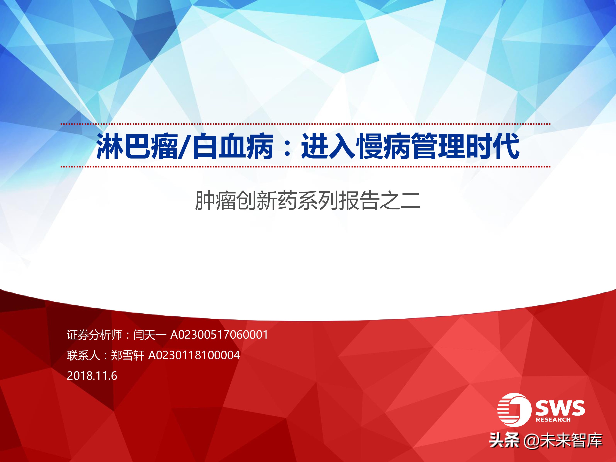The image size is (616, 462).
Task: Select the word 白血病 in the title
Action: coord(232,146)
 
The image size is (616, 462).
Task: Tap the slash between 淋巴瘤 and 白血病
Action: coord(185,146)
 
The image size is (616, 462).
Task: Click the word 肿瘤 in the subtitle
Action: coord(215,200)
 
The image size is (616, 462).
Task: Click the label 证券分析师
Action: coord(94,335)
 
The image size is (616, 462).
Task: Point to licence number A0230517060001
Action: coord(219,335)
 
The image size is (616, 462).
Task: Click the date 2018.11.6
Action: coord(92,376)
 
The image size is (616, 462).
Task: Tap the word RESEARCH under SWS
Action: coord(553,420)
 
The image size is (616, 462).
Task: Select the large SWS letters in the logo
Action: coord(560,408)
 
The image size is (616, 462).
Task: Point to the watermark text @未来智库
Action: coord(563,441)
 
